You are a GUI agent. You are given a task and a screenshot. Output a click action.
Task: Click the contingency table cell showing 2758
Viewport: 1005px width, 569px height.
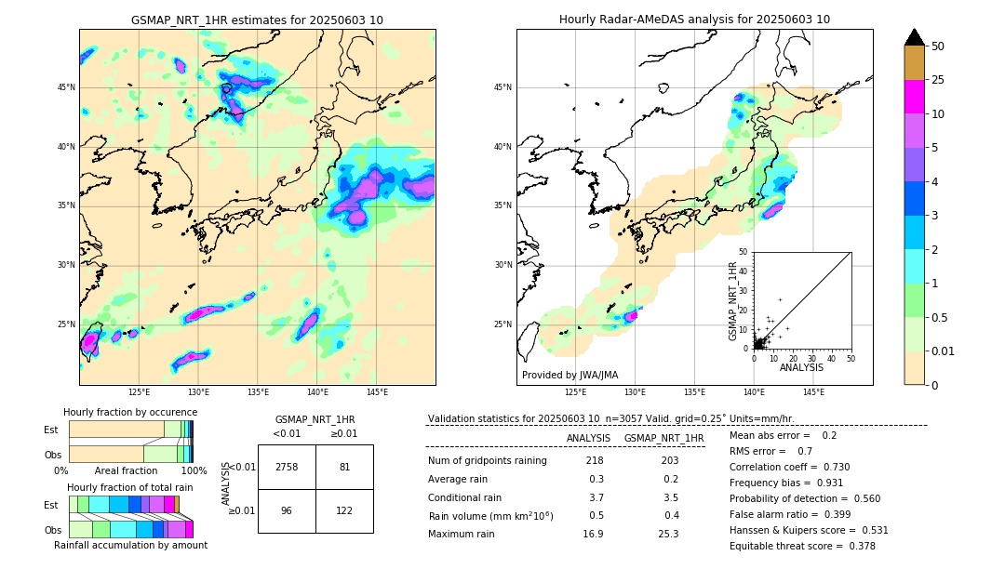(287, 467)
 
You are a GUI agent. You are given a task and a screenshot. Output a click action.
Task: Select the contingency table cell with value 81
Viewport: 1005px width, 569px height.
(344, 467)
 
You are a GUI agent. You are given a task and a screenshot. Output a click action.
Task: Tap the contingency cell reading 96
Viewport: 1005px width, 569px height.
(287, 510)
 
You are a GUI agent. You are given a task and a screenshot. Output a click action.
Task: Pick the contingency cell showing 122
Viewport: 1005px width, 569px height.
(344, 510)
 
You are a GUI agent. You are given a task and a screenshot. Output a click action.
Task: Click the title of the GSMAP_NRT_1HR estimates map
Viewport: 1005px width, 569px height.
(257, 20)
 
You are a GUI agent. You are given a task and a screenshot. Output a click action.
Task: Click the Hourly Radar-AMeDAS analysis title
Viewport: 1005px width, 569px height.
(694, 20)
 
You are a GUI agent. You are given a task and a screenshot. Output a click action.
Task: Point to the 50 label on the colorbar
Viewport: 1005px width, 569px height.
(938, 46)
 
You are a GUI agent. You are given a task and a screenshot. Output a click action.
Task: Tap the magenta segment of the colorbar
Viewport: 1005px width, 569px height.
(914, 97)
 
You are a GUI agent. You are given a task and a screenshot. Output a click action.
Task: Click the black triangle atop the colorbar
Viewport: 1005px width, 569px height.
(914, 37)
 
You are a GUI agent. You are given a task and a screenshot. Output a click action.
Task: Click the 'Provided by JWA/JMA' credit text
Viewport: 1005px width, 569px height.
(569, 376)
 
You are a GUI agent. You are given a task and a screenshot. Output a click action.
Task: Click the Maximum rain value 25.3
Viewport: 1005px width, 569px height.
(669, 534)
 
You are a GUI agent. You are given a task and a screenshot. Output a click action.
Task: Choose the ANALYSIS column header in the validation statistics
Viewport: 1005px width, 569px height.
(588, 438)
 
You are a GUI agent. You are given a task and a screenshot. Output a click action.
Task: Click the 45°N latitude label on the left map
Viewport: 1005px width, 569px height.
(66, 87)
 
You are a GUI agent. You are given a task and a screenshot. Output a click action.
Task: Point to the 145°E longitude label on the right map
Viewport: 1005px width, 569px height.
(813, 392)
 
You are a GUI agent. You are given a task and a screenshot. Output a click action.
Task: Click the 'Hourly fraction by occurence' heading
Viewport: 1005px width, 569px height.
(130, 413)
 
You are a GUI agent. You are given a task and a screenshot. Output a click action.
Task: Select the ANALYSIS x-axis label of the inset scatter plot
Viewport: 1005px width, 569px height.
(801, 367)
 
